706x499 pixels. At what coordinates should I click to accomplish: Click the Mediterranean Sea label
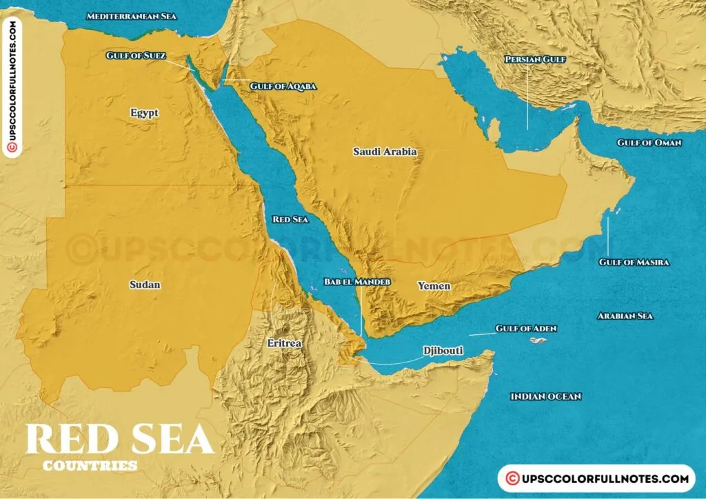pos(132,15)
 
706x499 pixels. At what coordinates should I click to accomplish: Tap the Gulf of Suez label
pos(136,55)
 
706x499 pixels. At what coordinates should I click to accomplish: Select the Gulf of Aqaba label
pos(283,86)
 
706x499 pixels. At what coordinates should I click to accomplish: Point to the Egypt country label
pos(144,112)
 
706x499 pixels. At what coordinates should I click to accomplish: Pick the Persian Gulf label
pos(535,60)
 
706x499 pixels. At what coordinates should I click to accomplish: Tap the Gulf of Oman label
pos(649,143)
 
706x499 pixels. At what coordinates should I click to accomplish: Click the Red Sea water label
pos(290,219)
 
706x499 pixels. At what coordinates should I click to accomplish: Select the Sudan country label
pos(145,284)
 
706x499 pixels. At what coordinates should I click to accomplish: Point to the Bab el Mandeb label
pos(357,282)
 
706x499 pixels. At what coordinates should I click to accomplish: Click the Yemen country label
pos(434,285)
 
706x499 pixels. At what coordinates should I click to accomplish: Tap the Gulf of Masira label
pos(634,262)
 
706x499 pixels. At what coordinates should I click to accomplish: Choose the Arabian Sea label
pos(625,316)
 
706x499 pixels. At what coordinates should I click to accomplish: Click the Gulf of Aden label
pos(526,329)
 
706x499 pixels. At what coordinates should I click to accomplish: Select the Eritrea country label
pos(285,342)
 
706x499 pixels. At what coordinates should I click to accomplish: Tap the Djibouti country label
pos(443,351)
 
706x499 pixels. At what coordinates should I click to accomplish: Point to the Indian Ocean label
pos(545,396)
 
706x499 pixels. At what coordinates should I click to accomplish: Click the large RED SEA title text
pos(119,439)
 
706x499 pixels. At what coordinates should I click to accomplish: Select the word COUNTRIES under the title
pos(90,466)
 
